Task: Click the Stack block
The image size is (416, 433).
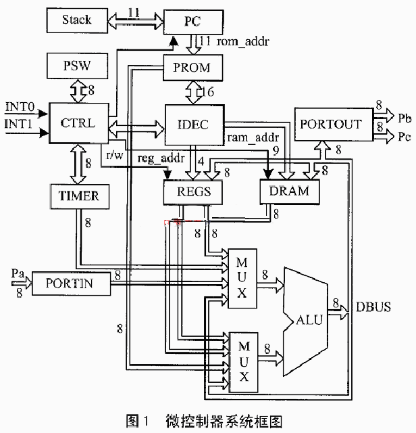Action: pyautogui.click(x=76, y=20)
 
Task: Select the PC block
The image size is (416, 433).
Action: pyautogui.click(x=192, y=21)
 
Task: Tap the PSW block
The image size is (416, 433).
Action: pyautogui.click(x=76, y=67)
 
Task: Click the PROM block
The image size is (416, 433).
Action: pyautogui.click(x=192, y=67)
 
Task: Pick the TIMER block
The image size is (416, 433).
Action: pyautogui.click(x=75, y=196)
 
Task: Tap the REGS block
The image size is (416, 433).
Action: pyautogui.click(x=192, y=191)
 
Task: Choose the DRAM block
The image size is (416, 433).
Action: pyautogui.click(x=289, y=191)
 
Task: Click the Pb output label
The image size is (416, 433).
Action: pyautogui.click(x=405, y=118)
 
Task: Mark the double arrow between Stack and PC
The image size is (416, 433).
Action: pyautogui.click(x=135, y=20)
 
